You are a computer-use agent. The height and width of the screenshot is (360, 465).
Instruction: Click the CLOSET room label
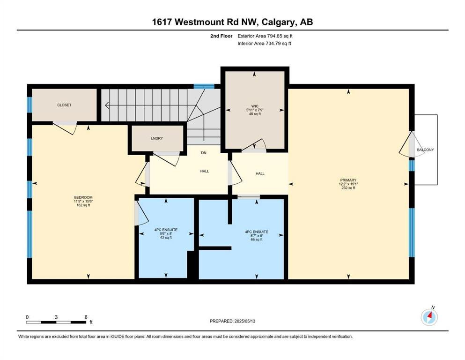point(64,105)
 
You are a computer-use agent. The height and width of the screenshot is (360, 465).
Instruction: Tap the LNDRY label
point(156,139)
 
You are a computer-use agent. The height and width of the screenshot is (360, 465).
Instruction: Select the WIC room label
point(254,106)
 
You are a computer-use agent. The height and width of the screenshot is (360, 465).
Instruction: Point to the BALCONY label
point(425,150)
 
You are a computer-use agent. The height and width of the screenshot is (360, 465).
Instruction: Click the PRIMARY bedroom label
point(348,180)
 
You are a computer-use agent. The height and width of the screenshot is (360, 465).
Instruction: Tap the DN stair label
point(204,153)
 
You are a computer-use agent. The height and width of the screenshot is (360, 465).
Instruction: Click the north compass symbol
point(429,317)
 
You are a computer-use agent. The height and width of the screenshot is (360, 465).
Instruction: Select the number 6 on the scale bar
point(86,317)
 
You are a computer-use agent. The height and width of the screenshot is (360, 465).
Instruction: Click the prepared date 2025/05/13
point(244,321)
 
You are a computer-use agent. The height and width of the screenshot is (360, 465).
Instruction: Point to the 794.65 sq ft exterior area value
point(276,36)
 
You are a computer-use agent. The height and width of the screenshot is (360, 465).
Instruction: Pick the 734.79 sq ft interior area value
point(274,44)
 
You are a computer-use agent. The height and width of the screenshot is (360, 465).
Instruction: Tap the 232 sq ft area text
point(348,188)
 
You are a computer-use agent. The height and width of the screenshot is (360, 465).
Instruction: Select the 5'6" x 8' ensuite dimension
point(166,233)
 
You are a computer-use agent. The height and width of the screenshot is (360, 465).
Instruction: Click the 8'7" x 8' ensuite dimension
point(257,236)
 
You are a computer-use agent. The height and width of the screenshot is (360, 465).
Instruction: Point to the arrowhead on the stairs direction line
point(107,105)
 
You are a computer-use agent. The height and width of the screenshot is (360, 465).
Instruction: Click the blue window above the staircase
point(204,87)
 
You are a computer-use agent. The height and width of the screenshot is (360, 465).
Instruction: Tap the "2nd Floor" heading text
point(221,36)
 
